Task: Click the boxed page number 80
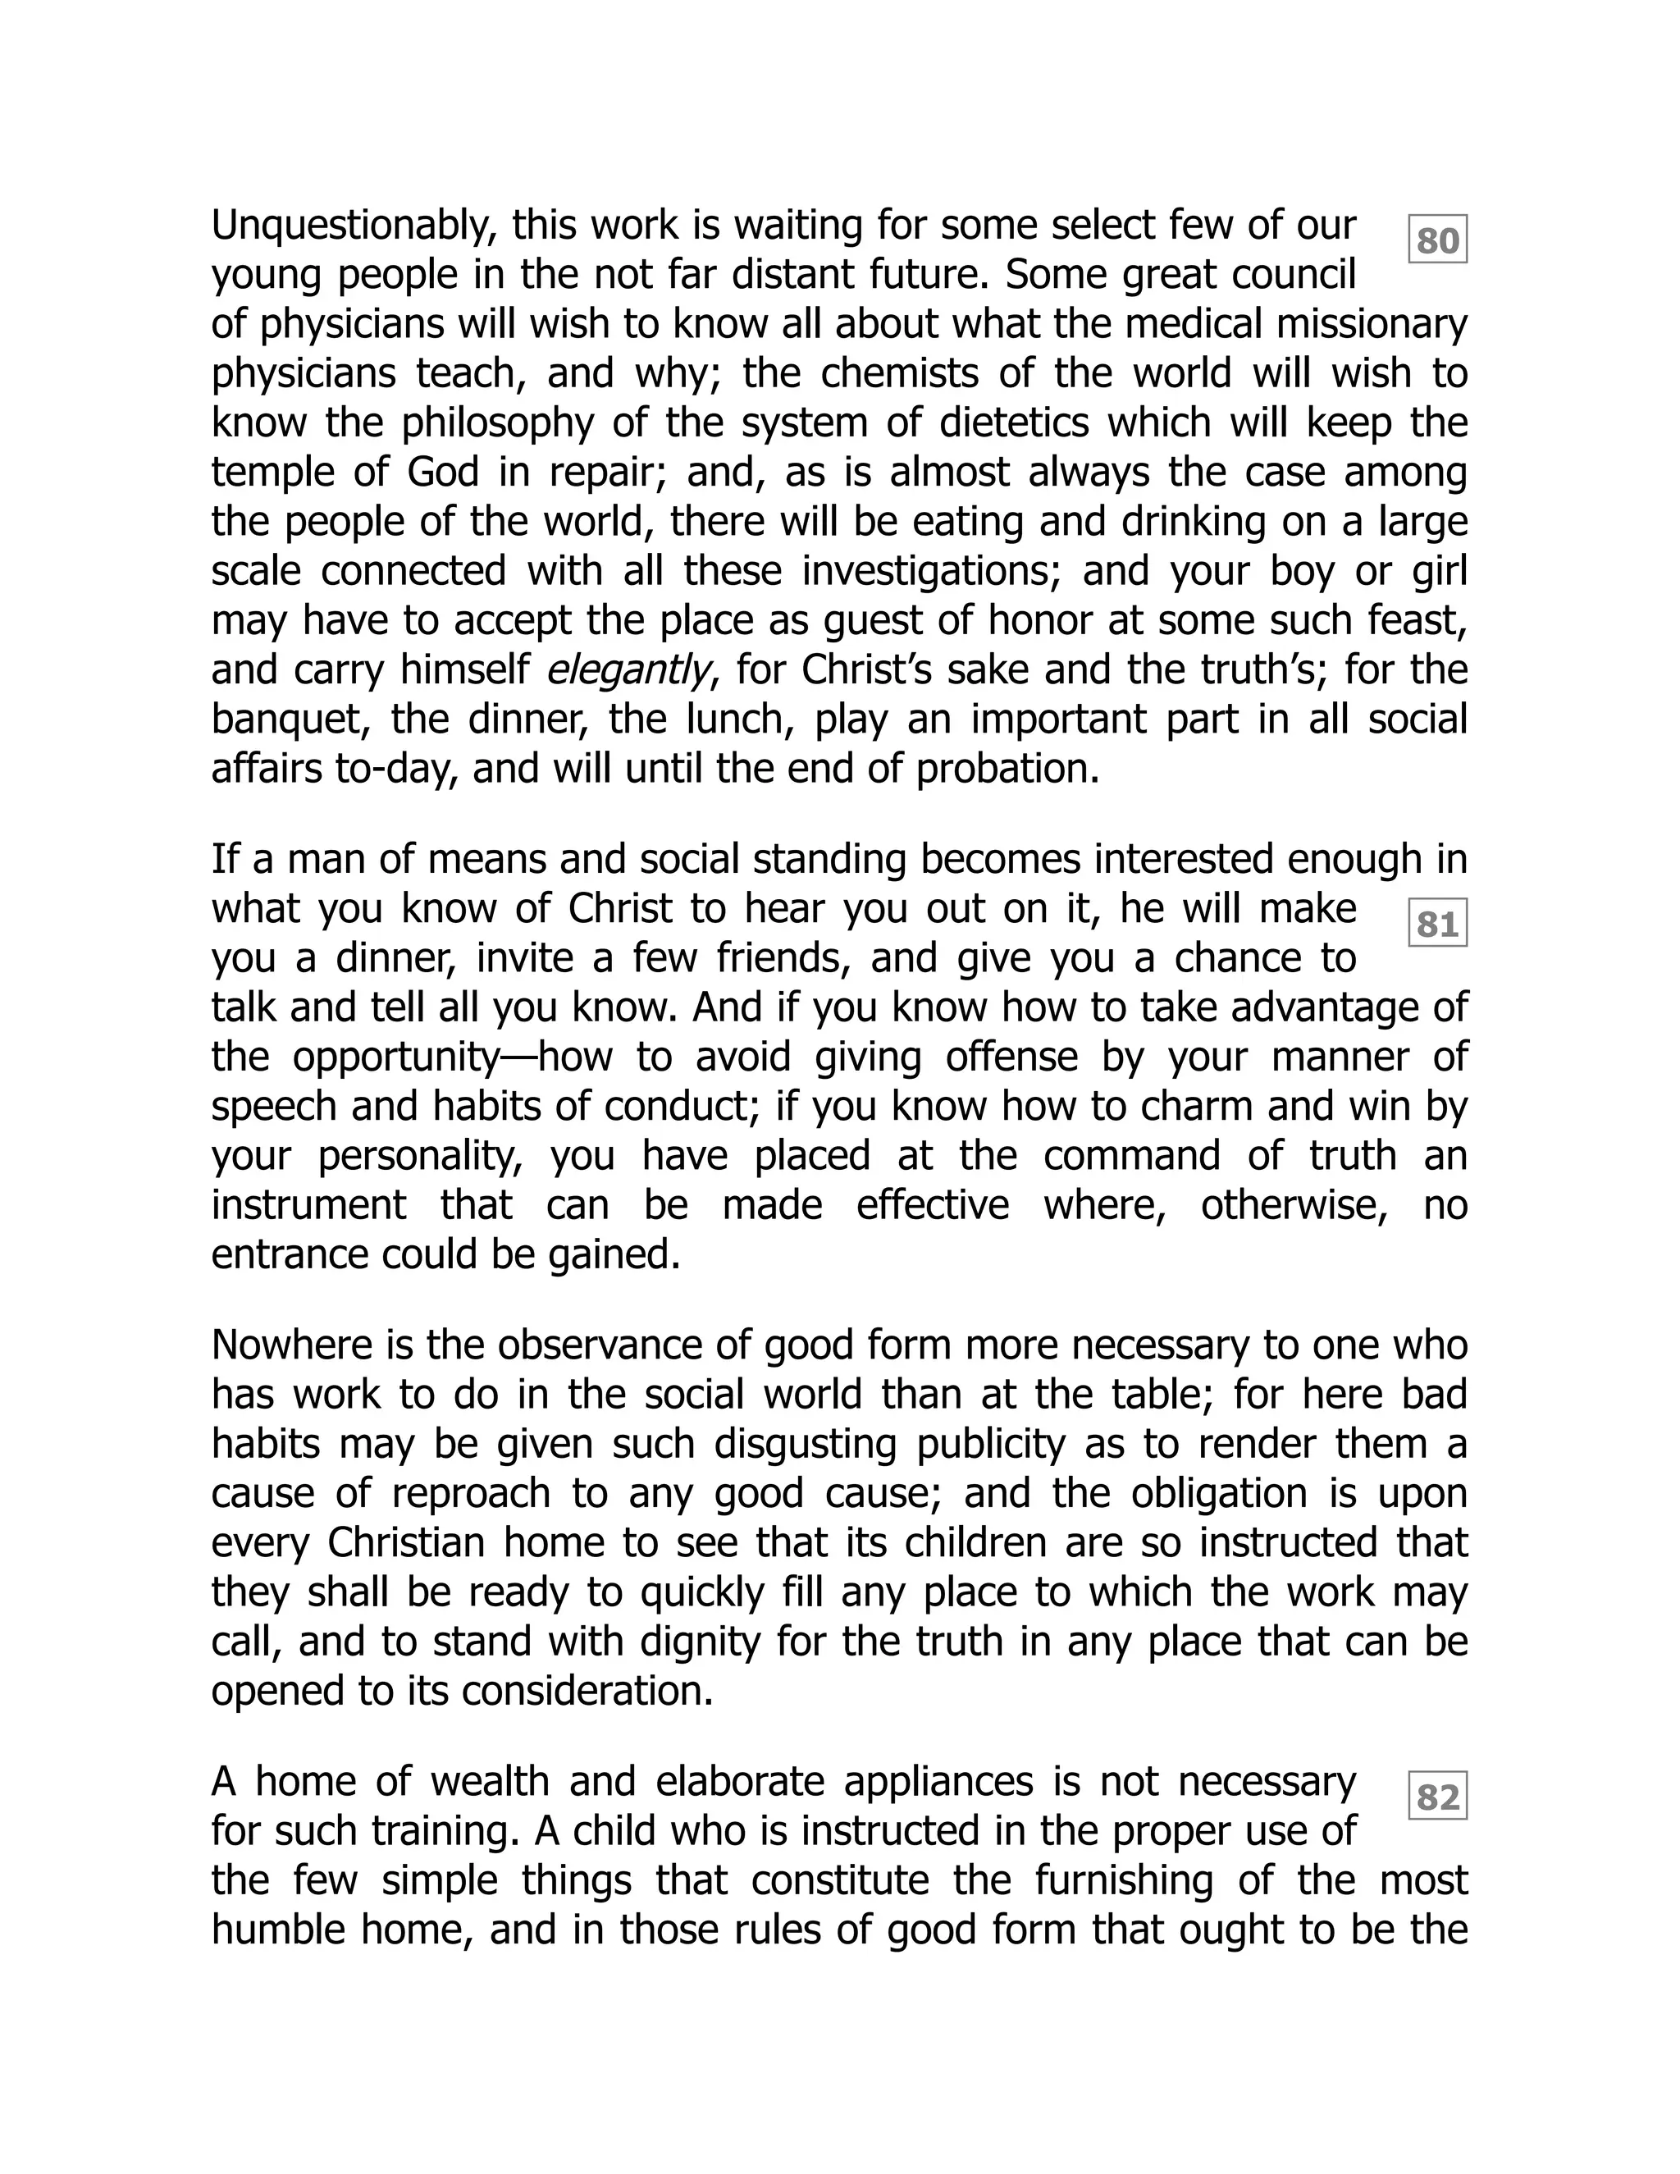[1437, 240]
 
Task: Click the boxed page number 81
[1437, 925]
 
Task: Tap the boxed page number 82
[1437, 1797]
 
